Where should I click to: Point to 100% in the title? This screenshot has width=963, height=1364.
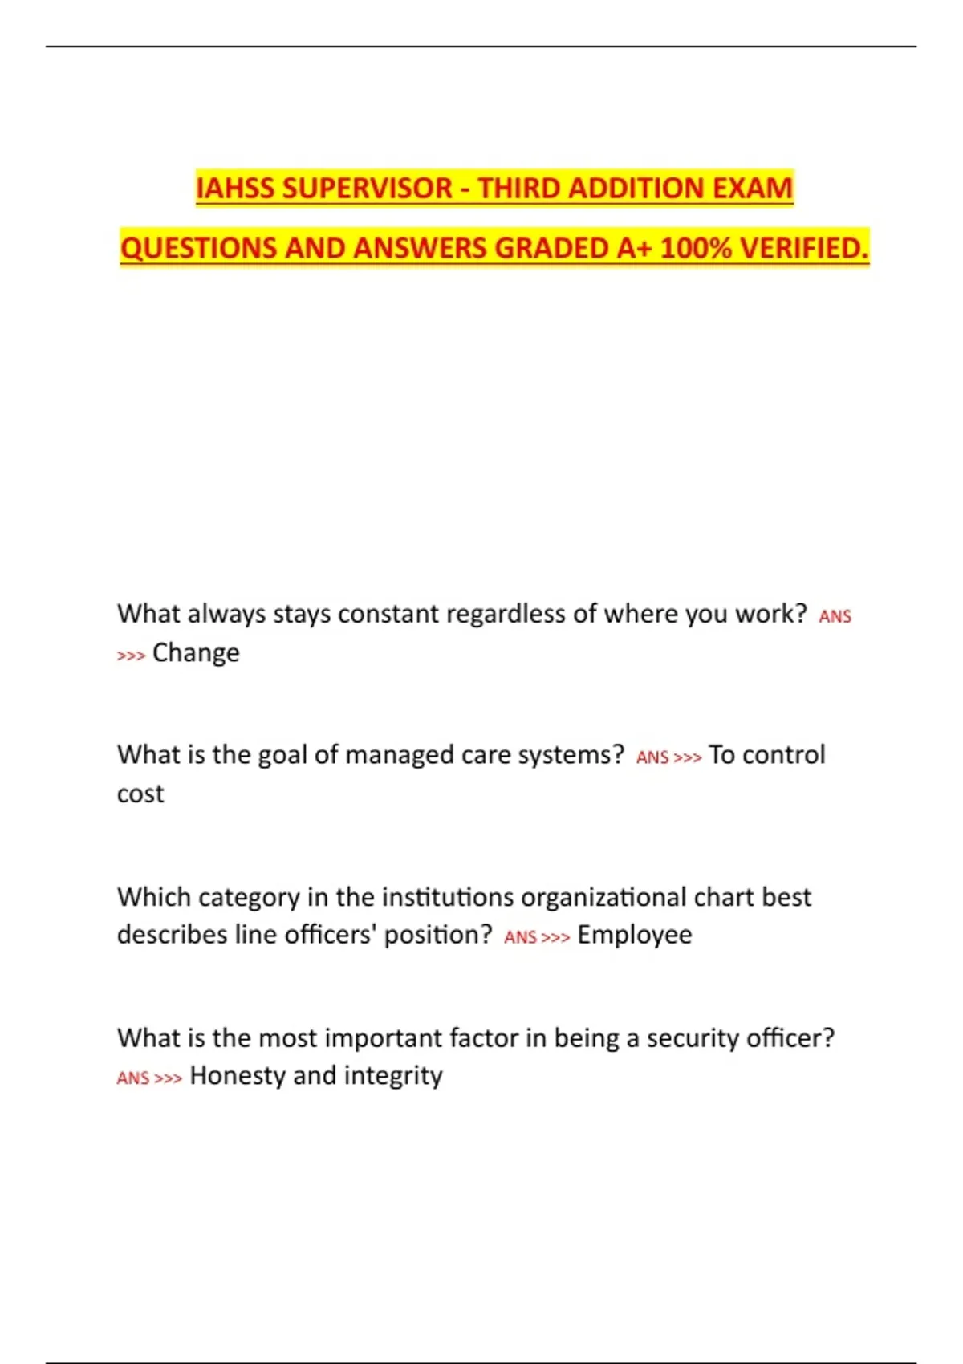696,248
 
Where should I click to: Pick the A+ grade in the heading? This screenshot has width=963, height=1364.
635,248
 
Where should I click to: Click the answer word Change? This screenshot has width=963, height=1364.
196,653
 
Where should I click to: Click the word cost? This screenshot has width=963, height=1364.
140,794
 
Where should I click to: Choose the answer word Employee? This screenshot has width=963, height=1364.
635,935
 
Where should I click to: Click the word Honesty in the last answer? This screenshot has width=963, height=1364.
238,1075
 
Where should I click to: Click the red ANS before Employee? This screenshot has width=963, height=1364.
520,937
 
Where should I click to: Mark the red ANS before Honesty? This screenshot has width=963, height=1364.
133,1078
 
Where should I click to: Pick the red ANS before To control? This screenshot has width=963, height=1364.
652,757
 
